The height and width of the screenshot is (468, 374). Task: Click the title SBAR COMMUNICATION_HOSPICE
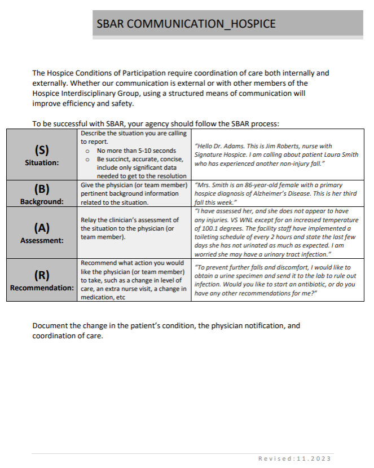186,24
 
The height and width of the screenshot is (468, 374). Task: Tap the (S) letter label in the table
42,151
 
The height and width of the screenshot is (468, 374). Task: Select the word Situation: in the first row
42,162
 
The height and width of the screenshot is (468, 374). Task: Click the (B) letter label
42,189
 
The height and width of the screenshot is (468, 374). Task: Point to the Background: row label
42,201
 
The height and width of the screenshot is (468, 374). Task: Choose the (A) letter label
42,227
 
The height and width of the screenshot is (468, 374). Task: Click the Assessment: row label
42,239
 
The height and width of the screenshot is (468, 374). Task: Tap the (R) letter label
42,275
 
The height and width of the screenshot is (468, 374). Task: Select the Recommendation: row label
42,288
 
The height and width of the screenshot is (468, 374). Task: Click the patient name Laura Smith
340,154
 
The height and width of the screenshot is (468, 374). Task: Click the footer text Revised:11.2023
294,458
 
